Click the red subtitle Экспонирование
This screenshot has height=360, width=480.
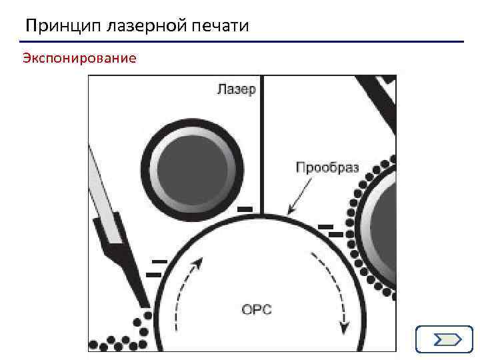point(79,59)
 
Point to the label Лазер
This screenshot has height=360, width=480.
point(236,89)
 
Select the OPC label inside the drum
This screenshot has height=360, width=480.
point(257,309)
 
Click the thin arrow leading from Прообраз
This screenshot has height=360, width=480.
point(300,194)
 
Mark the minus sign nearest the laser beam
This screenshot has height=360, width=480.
point(245,209)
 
